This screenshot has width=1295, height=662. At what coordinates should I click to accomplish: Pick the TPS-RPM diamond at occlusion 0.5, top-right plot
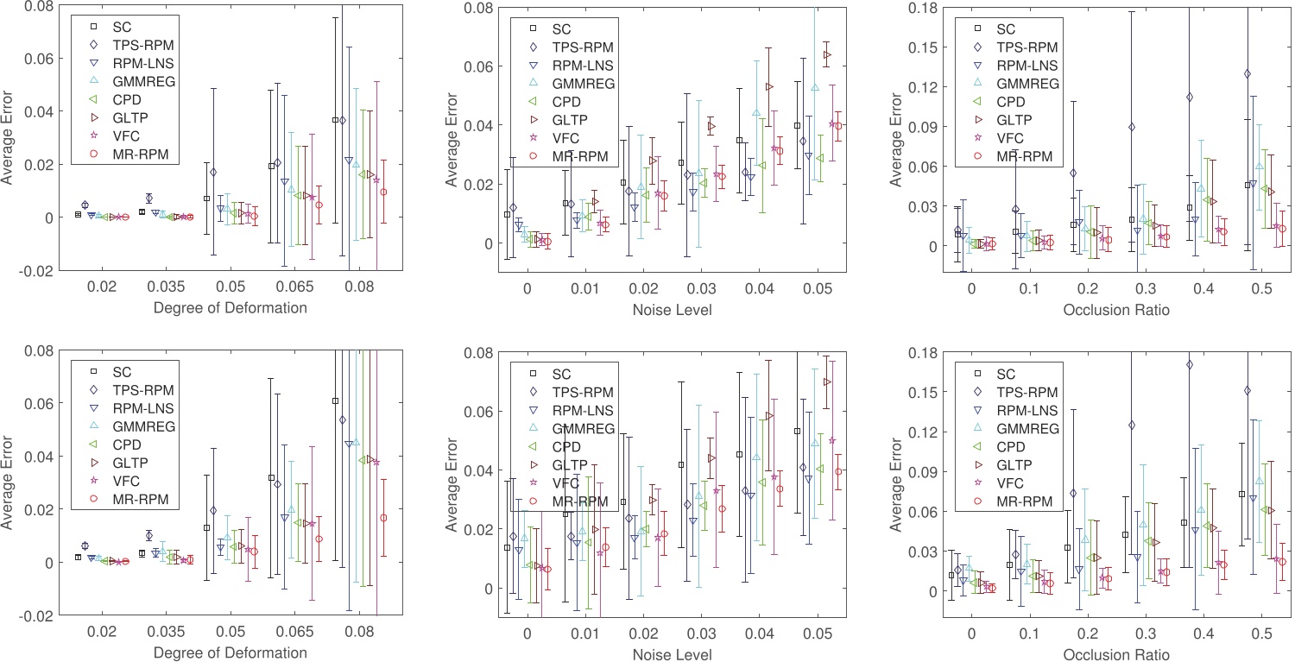click(1248, 74)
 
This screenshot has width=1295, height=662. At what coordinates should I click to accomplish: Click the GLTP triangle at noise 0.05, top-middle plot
click(827, 55)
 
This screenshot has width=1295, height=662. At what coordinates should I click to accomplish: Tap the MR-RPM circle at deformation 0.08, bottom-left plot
click(383, 518)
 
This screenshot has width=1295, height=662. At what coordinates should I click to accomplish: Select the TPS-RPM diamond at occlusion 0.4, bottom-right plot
click(1190, 365)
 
